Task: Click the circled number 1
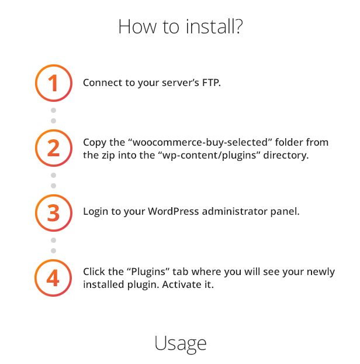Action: coord(54,83)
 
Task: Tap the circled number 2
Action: coord(54,148)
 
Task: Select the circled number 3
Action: coord(54,213)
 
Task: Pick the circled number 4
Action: coord(53,278)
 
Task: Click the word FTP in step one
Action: coord(211,83)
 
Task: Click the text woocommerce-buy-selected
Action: coord(200,142)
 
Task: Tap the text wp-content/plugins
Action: coord(209,155)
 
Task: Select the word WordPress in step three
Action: coord(174,211)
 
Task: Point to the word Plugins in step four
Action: coord(148,272)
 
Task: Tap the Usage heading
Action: coord(181,344)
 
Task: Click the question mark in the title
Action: coord(238,26)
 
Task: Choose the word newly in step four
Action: coord(321,272)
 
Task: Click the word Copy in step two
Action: coord(95,143)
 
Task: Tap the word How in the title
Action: coord(137,26)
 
